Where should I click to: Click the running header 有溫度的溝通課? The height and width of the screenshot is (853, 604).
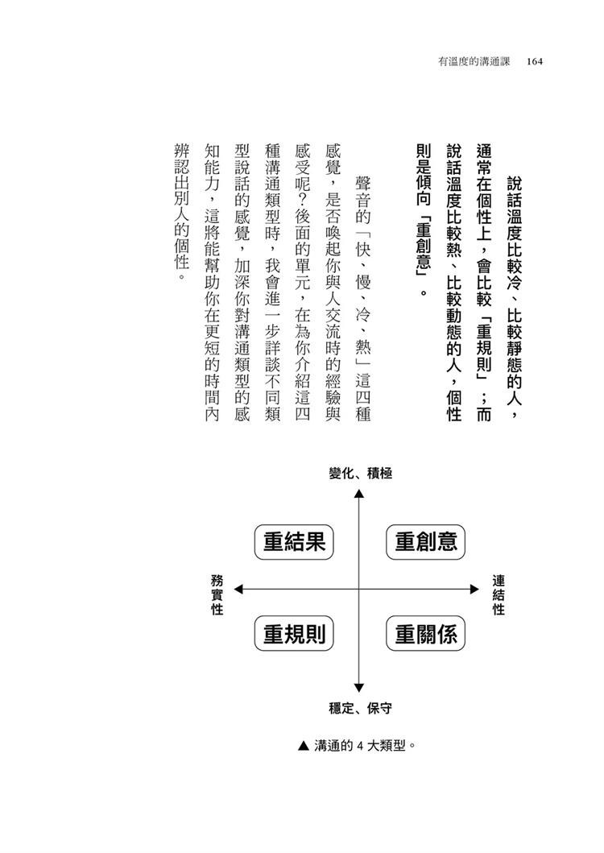click(472, 60)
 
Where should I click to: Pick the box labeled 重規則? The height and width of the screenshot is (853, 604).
click(294, 636)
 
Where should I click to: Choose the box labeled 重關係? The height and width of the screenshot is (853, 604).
click(427, 636)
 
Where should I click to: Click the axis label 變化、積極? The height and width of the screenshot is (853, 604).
click(360, 474)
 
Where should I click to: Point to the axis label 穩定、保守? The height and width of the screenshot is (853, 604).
click(360, 708)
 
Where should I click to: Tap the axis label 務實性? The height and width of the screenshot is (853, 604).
click(217, 594)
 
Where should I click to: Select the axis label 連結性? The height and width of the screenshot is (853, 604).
click(499, 594)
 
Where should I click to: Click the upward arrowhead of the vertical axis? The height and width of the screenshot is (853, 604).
click(359, 493)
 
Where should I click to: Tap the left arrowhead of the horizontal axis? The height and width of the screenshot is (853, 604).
click(239, 590)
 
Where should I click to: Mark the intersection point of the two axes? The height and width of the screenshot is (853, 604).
click(359, 590)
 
